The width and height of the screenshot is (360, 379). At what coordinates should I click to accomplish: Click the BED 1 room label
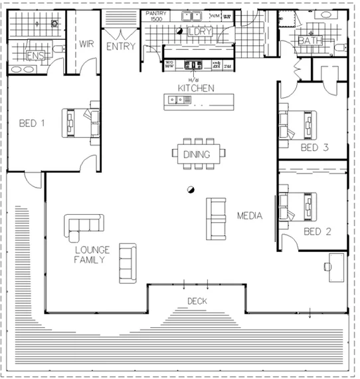pos(32,123)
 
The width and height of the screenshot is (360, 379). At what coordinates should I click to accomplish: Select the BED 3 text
pos(314,148)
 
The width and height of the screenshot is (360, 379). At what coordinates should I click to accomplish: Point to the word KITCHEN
pos(195,88)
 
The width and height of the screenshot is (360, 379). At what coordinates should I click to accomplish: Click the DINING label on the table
pos(197,155)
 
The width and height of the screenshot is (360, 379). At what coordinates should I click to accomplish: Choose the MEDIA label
pos(250,216)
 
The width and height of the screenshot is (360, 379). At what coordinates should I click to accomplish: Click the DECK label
pos(197,301)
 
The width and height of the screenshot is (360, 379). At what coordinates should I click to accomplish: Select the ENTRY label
pos(120,47)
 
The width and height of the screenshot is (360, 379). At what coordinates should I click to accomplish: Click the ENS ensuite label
pos(35,57)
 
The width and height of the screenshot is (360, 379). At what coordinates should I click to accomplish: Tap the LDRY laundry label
pos(198,32)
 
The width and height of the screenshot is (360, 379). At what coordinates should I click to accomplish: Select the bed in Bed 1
pos(80,122)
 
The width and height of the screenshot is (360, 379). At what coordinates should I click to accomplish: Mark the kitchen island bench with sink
pos(199,100)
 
